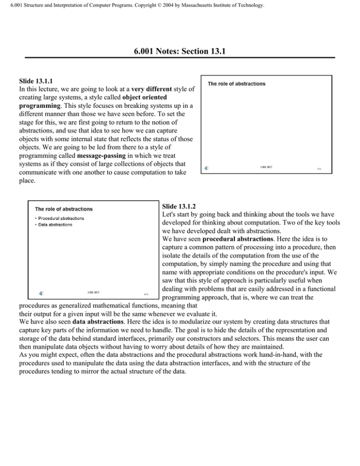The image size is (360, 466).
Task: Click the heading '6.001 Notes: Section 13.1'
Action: coord(180,48)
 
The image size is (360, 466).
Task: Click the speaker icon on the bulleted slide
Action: coord(41,293)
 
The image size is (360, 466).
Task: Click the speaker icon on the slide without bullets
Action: coord(207,167)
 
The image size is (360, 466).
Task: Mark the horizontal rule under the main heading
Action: coord(180,58)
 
